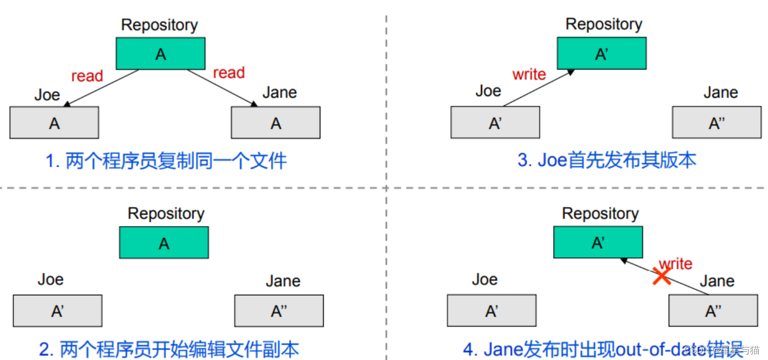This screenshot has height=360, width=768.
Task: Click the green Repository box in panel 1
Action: pyautogui.click(x=160, y=54)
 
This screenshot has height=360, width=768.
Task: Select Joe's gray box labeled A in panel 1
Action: pyautogui.click(x=54, y=122)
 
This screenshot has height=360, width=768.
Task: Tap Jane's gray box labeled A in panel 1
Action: pyautogui.click(x=275, y=122)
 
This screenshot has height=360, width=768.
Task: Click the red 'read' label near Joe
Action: pyautogui.click(x=87, y=76)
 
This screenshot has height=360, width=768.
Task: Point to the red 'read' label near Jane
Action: pyautogui.click(x=228, y=72)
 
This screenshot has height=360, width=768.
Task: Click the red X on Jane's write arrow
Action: pyautogui.click(x=662, y=276)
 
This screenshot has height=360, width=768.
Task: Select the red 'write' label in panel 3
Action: pyautogui.click(x=529, y=74)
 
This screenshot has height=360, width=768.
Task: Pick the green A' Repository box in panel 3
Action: pyautogui.click(x=602, y=53)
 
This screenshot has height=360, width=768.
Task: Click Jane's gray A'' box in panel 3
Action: pyautogui.click(x=717, y=122)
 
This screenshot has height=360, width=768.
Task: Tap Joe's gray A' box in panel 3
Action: pyautogui.click(x=495, y=122)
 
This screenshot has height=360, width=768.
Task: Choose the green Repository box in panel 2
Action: pyautogui.click(x=164, y=243)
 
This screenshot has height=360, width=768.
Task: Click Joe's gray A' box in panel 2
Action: pyautogui.click(x=58, y=311)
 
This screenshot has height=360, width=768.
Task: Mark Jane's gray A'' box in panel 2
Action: pyautogui.click(x=279, y=311)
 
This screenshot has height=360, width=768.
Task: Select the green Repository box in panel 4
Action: pyautogui.click(x=598, y=242)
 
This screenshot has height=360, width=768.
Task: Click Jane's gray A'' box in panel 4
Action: pyautogui.click(x=713, y=311)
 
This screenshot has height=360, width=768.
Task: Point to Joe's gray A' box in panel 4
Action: pyautogui.click(x=492, y=311)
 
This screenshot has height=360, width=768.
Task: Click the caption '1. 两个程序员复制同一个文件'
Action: pyautogui.click(x=166, y=161)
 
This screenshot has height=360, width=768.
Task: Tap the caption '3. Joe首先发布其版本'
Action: pyautogui.click(x=607, y=160)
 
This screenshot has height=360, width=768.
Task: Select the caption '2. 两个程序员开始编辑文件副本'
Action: pyautogui.click(x=169, y=350)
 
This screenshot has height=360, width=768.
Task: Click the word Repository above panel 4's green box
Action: pyautogui.click(x=600, y=213)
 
